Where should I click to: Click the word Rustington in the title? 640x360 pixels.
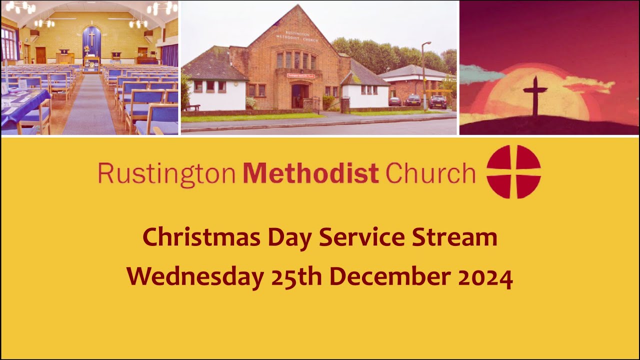[166, 173]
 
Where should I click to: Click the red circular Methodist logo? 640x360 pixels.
[513, 171]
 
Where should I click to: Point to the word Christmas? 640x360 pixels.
[201, 237]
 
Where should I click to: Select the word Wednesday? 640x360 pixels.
[195, 276]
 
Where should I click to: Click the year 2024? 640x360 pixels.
[485, 276]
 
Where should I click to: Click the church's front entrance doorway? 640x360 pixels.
[299, 96]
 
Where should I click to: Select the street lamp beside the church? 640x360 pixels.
[423, 75]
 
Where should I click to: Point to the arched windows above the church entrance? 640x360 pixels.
[296, 60]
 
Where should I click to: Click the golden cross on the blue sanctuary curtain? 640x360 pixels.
[91, 38]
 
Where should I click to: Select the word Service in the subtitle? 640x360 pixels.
[363, 237]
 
